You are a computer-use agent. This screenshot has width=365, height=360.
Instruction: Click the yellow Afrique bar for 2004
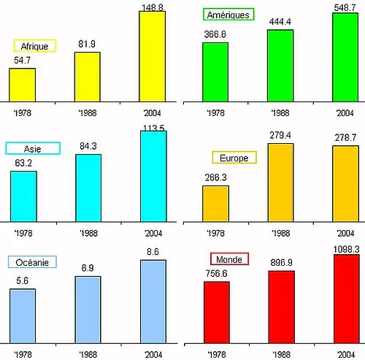[152, 56]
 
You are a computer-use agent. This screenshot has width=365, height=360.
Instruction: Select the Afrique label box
[35, 46]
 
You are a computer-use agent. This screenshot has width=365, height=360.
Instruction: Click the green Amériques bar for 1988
[280, 65]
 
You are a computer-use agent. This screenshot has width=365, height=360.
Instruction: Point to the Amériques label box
[228, 15]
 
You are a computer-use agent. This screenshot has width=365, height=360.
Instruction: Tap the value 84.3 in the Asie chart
[88, 147]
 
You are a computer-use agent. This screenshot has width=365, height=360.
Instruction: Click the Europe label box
[234, 158]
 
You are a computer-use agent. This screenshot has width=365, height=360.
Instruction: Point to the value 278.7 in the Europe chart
[345, 137]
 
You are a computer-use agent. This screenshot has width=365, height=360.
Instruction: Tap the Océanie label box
[32, 262]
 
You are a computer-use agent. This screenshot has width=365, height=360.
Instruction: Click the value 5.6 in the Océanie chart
[22, 280]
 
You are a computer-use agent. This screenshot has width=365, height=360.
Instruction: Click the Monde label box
[229, 259]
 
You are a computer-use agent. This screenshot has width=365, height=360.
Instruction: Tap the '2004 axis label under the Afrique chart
[152, 113]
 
